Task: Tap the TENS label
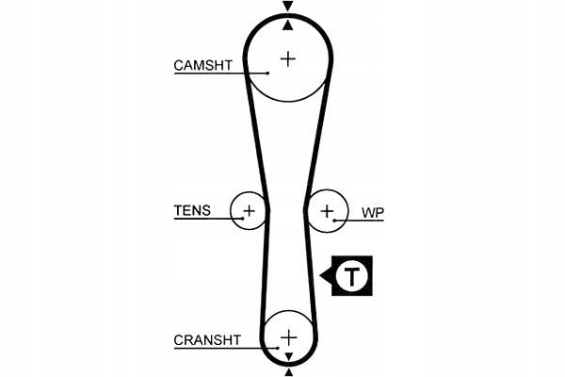pyautogui.click(x=192, y=210)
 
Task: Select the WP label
pyautogui.click(x=371, y=212)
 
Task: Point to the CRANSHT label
pyautogui.click(x=207, y=339)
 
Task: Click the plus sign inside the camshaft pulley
pyautogui.click(x=287, y=58)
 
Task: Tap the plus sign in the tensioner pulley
pyautogui.click(x=250, y=209)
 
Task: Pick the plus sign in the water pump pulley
pyautogui.click(x=327, y=210)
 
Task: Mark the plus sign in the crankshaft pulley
pyautogui.click(x=288, y=336)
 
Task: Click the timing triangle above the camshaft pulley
pyautogui.click(x=288, y=6)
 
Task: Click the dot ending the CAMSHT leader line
pyautogui.click(x=268, y=74)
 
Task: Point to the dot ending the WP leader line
pyautogui.click(x=334, y=221)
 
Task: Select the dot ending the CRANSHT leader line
pyautogui.click(x=279, y=348)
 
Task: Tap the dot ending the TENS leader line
pyautogui.click(x=243, y=219)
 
